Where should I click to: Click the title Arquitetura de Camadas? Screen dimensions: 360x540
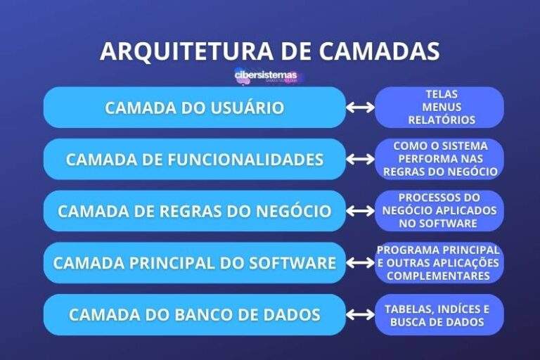[270, 51]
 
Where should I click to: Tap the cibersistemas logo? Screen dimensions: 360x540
[266, 75]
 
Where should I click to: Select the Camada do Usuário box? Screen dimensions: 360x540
[195, 108]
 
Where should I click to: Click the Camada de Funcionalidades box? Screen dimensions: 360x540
[195, 160]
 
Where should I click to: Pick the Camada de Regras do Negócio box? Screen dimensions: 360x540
[195, 211]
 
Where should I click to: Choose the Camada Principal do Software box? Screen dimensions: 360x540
[195, 263]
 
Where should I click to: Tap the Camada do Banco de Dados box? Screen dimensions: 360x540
[195, 314]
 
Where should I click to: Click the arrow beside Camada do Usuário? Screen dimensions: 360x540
[361, 108]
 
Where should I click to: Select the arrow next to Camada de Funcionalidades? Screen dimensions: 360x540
[361, 160]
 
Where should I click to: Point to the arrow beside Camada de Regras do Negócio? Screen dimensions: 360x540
[361, 211]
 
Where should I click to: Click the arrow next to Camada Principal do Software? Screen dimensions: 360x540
[361, 263]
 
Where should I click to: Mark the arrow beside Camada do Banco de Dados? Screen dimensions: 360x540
[361, 314]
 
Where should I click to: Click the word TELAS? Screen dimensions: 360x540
[442, 94]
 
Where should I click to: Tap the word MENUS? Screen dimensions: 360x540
[442, 107]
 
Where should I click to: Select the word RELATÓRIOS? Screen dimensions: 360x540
[442, 120]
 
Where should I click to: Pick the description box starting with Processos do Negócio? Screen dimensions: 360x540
[439, 211]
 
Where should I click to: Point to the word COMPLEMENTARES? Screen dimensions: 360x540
[439, 276]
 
